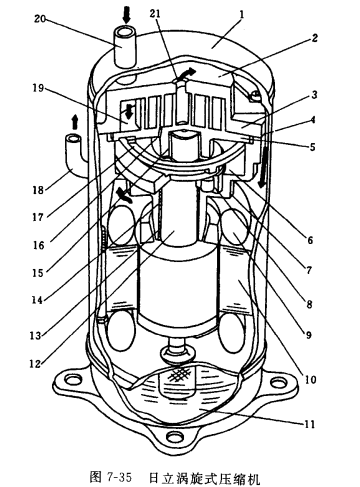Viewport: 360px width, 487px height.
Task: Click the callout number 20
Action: pyautogui.click(x=40, y=19)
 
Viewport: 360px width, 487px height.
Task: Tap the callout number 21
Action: pyautogui.click(x=155, y=13)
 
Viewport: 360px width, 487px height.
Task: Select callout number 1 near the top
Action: pyautogui.click(x=242, y=15)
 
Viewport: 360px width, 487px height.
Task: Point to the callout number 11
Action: pyautogui.click(x=309, y=424)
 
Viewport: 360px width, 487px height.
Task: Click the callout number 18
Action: pyautogui.click(x=39, y=190)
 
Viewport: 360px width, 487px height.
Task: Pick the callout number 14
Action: pyautogui.click(x=37, y=300)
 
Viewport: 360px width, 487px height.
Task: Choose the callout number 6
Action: pyautogui.click(x=310, y=240)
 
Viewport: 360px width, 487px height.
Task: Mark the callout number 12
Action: pyautogui.click(x=35, y=363)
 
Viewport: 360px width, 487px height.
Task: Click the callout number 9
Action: pyautogui.click(x=309, y=334)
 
